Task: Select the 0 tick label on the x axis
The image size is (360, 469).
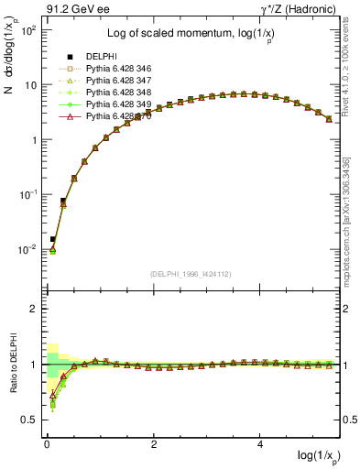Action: tap(47, 444)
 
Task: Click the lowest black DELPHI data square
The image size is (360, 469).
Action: tap(52, 239)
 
